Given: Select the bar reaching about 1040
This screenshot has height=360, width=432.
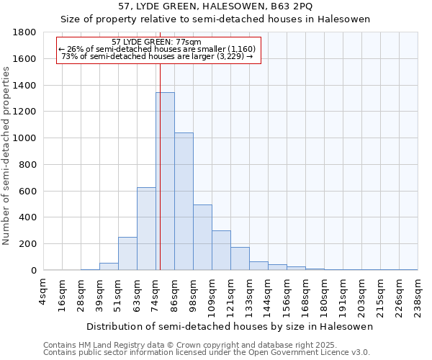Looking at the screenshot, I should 184,202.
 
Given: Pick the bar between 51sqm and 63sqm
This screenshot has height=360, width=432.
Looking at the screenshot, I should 127,253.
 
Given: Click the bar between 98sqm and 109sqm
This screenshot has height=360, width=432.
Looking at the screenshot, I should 202,238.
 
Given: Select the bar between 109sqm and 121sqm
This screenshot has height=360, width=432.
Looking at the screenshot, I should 221,251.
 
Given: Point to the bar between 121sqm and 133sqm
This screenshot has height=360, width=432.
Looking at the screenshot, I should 240,258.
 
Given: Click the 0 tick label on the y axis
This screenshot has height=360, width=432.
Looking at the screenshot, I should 33,271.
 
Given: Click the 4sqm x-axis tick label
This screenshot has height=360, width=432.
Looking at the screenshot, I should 44,289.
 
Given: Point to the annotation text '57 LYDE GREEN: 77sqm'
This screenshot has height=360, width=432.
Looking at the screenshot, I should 157,42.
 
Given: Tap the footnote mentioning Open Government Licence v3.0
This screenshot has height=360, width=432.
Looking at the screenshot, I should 207,353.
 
